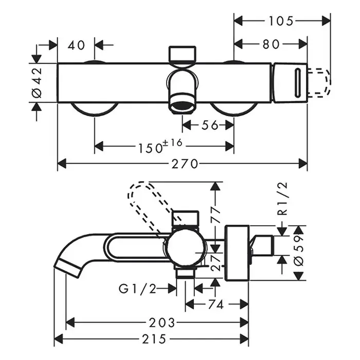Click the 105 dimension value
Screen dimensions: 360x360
(281, 21)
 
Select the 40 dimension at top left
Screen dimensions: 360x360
(76, 45)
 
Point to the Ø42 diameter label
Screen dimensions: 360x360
(37, 82)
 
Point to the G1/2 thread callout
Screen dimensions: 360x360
(138, 289)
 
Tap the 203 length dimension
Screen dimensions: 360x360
(161, 322)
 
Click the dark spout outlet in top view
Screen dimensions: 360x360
(182, 106)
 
